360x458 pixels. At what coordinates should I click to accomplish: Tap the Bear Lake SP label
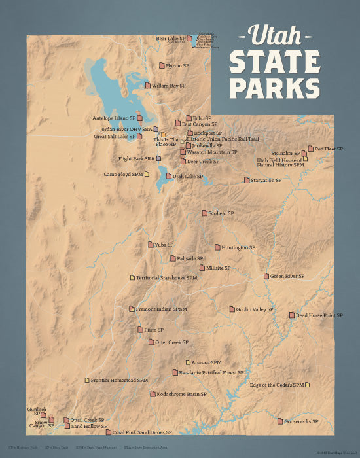coord(170,39)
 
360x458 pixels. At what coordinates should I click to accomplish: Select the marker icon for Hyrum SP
coord(162,65)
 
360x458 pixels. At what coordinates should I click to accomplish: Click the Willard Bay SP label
coord(169,86)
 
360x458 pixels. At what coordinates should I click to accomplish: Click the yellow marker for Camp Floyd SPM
coord(147,174)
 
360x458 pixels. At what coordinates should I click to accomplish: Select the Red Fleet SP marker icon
coord(311,149)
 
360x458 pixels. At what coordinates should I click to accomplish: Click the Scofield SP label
coord(221,213)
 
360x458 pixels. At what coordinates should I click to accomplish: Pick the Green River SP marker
coord(266,276)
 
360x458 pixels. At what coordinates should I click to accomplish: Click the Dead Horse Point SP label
coord(319,315)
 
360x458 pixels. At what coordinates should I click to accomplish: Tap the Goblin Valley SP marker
coord(232,309)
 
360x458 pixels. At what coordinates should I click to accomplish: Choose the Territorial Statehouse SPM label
coord(166,278)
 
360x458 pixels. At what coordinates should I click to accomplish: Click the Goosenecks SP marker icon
coord(280,421)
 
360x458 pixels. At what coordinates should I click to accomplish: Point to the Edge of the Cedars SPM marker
coord(307,385)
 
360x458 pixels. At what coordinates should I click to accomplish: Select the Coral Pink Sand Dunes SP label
coord(142,432)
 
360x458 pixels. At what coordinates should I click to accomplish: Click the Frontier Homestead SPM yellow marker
coord(86,380)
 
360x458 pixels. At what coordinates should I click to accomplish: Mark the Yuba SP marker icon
coord(151,245)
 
